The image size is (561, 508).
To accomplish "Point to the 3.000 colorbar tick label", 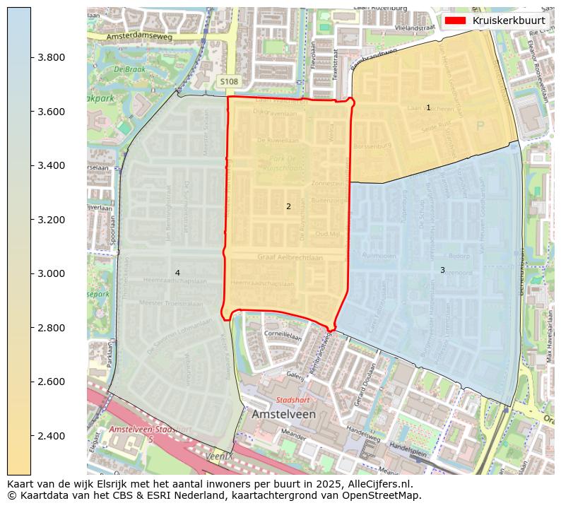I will [x=52, y=274].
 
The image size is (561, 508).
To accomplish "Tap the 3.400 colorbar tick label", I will [x=52, y=166].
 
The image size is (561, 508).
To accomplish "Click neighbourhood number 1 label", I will [x=428, y=107].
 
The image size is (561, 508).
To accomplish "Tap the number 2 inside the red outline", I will [x=288, y=207].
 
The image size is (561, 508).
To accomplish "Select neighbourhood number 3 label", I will [x=442, y=270].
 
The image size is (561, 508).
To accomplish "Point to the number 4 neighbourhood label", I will [x=177, y=273].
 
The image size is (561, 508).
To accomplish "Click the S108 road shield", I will [x=229, y=82].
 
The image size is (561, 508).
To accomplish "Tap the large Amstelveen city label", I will [x=283, y=414].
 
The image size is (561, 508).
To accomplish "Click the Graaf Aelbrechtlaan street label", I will [x=290, y=258].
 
